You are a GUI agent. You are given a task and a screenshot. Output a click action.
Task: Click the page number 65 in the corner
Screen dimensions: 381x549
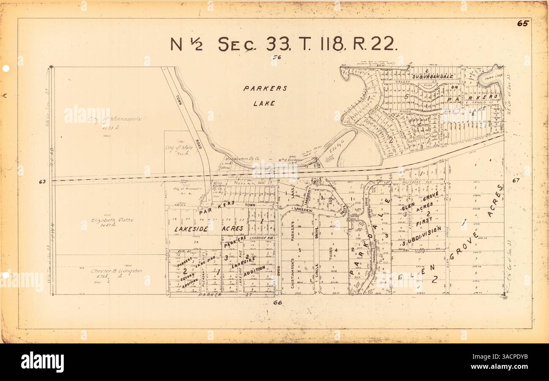[522, 24]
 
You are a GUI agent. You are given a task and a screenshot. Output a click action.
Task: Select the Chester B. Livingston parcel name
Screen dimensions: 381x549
[116, 271]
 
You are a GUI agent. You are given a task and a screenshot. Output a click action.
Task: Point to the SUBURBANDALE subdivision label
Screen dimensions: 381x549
[433, 77]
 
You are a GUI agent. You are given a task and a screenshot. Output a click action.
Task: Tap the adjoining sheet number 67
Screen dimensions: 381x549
[516, 181]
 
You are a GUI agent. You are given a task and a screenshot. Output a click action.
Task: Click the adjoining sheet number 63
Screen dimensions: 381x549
[41, 182]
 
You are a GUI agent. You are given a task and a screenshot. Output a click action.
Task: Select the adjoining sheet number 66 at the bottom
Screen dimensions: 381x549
[277, 303]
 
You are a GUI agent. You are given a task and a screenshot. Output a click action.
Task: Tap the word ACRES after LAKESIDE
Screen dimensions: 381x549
[232, 228]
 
